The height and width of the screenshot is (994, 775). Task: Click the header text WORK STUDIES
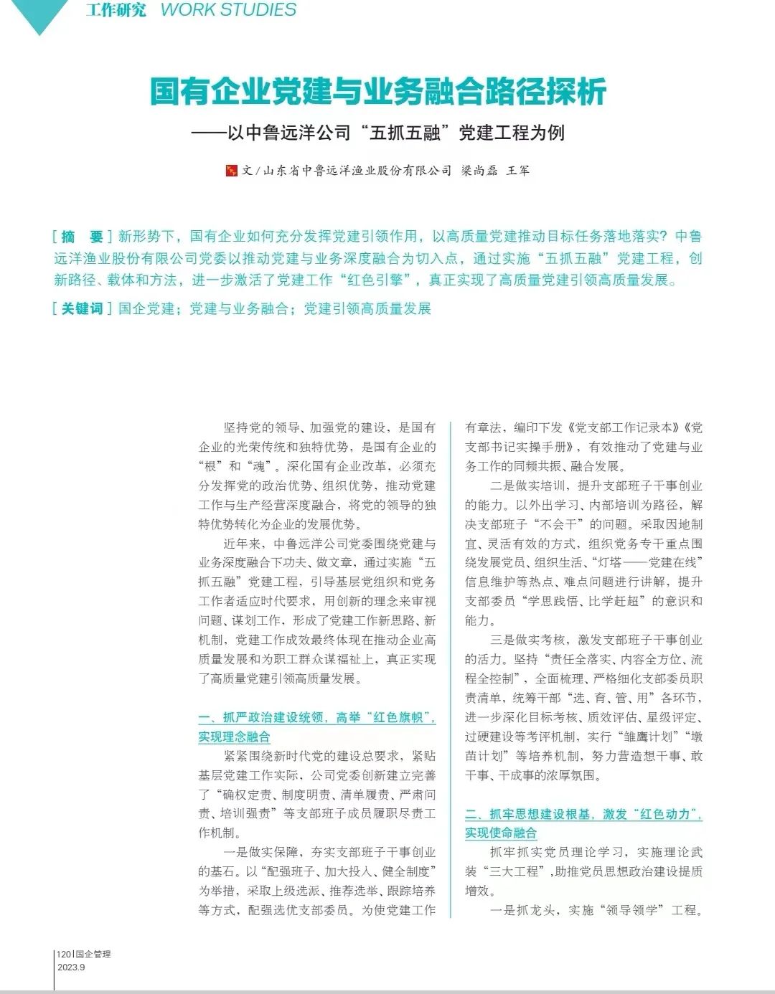(x=228, y=10)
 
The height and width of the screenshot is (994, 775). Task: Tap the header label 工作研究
(x=116, y=10)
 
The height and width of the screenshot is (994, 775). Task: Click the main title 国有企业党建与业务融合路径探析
(x=378, y=91)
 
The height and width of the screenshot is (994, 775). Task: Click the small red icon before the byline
(x=231, y=171)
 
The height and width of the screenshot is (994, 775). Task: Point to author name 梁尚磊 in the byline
(x=476, y=171)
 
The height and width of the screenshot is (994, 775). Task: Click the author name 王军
(x=518, y=171)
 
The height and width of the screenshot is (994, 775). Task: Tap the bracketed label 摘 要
(x=82, y=237)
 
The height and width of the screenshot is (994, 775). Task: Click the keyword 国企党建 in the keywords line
(x=146, y=308)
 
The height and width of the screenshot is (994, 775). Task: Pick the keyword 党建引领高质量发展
(x=367, y=308)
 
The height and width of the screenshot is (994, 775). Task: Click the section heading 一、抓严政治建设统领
(x=316, y=717)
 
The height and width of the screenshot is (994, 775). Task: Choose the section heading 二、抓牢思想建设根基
(x=583, y=814)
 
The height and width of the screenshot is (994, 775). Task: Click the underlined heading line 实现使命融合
(x=501, y=833)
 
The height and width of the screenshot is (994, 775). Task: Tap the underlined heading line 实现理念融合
(x=235, y=737)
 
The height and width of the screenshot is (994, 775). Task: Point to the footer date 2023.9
(x=71, y=967)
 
